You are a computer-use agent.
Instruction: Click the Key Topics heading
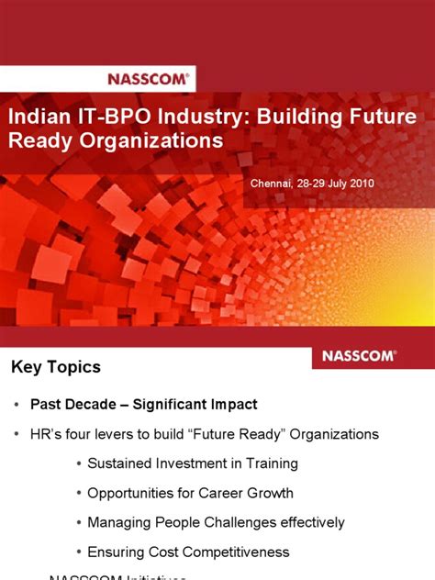56,367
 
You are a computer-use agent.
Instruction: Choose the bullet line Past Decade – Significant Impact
144,404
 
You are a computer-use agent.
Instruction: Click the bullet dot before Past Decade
17,405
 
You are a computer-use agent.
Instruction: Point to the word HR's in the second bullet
49,434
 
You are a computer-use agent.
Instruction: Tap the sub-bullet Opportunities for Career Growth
190,493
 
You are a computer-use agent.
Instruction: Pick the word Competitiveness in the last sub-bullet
234,552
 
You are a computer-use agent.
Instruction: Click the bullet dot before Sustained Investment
79,464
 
